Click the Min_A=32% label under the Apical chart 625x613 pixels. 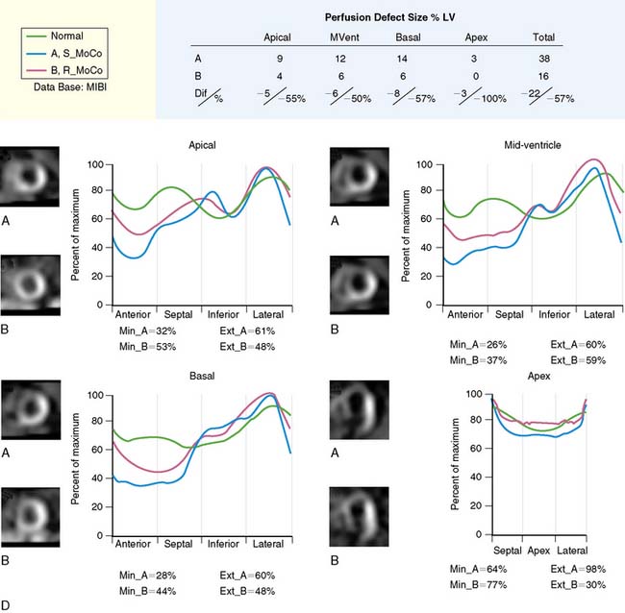point(139,331)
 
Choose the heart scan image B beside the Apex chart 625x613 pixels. point(362,517)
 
